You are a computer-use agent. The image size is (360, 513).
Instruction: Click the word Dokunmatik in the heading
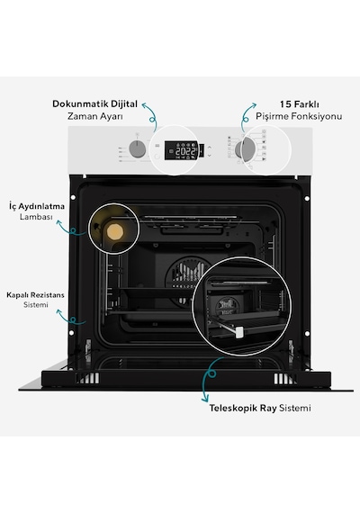pos(80,104)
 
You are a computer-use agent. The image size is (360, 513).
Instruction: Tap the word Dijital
pos(124,104)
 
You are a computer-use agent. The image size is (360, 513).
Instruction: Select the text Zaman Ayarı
pos(95,116)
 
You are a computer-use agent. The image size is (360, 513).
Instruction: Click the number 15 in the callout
pos(285,104)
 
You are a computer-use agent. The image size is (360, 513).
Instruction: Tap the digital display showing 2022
pos(181,150)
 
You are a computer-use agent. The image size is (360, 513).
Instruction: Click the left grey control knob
pos(138,149)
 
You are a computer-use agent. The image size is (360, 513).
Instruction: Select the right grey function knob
pos(245,149)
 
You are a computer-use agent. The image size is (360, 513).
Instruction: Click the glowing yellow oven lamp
pos(115,231)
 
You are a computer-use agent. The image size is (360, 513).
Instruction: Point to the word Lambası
pos(36,217)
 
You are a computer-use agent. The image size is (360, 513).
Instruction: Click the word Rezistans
pos(49,295)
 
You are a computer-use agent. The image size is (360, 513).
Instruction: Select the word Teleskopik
pos(233,409)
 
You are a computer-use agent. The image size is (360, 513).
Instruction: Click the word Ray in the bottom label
pos(268,409)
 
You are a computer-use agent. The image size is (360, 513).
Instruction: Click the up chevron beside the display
pos(210,148)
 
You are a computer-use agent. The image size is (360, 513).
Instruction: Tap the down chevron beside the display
pos(210,156)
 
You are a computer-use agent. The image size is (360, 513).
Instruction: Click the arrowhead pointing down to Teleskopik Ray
pos(205,399)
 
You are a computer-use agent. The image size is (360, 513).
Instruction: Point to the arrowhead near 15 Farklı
pos(254,105)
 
